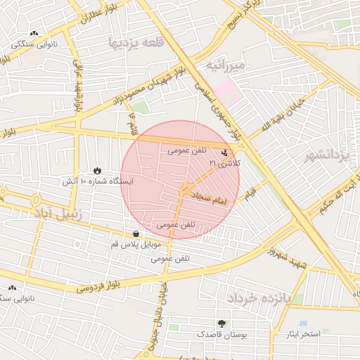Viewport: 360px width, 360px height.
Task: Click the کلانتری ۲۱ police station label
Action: tap(224, 163)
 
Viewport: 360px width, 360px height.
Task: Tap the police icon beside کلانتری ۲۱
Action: tap(224, 151)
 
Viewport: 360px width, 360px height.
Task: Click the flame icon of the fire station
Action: tap(96, 171)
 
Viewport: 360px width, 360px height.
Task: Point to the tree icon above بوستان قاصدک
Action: tap(222, 323)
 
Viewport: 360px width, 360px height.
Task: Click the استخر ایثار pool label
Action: tap(304, 333)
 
